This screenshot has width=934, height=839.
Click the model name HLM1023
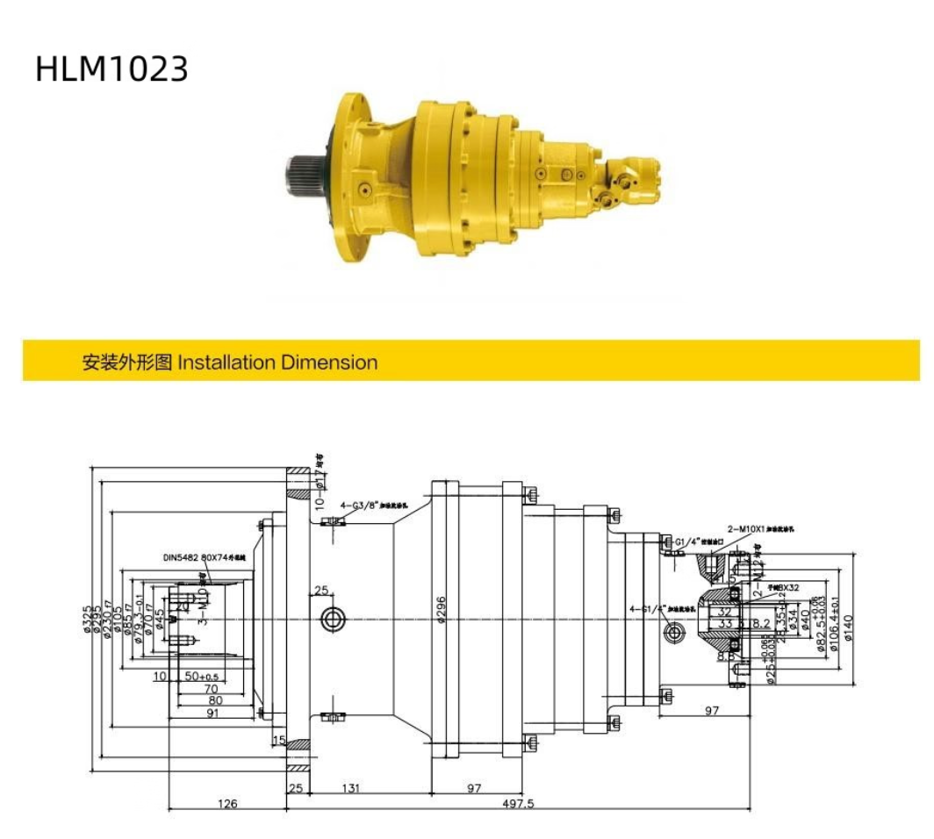point(111,68)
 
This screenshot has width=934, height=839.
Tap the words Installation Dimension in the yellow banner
point(277,362)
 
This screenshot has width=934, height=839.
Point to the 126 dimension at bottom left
point(226,803)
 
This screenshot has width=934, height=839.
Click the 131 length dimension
point(351,788)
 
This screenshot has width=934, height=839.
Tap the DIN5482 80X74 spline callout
point(205,557)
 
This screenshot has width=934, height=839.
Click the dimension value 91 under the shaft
point(213,714)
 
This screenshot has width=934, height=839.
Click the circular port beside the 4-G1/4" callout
point(674,632)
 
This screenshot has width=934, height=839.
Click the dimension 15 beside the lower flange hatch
point(278,741)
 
